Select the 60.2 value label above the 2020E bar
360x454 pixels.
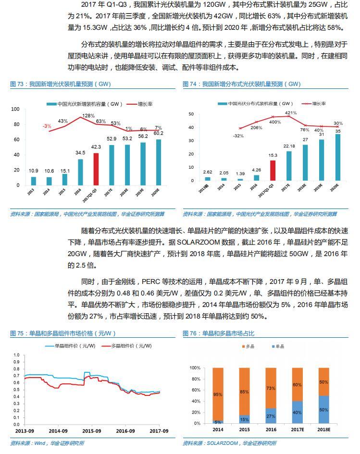click(159, 134)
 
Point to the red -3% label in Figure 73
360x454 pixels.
click(47, 126)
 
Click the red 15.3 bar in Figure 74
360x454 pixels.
click(273, 172)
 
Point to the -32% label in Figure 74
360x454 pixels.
click(238, 136)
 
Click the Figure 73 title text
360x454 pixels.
click(60, 84)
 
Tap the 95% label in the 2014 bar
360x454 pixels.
click(218, 394)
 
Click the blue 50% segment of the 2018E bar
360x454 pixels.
click(323, 410)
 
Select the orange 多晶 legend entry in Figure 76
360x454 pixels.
click(247, 346)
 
